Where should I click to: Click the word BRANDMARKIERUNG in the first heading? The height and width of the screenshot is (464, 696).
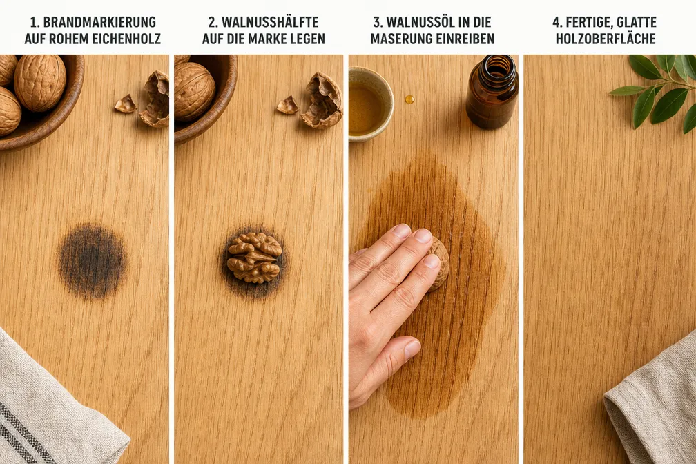[x=99, y=22]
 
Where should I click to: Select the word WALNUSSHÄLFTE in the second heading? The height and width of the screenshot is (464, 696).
[x=270, y=22]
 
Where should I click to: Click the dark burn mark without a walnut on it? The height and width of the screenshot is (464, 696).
[x=93, y=261]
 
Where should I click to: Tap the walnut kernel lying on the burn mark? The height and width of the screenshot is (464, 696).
[x=254, y=258]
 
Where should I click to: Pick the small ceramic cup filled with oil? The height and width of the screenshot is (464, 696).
[x=370, y=104]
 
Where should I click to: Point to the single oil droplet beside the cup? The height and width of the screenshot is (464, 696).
[x=409, y=99]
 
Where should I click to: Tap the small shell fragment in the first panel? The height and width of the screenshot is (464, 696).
[x=126, y=104]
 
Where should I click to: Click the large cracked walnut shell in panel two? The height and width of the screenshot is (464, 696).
[x=322, y=101]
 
